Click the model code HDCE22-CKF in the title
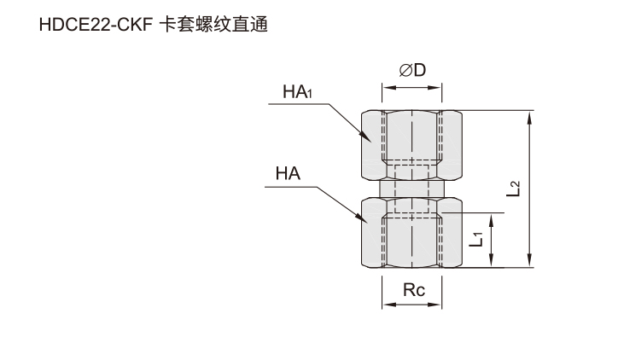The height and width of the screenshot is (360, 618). pos(96,26)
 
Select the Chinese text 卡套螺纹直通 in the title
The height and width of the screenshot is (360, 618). pos(213,25)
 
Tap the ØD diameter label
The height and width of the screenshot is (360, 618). pos(412,70)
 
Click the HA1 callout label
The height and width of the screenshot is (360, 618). pos(298,92)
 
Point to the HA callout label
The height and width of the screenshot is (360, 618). pos(288,174)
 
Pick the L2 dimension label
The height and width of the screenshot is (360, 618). pos(513,189)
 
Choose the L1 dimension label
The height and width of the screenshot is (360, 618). pos(475,240)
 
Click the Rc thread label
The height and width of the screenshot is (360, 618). pos(414,290)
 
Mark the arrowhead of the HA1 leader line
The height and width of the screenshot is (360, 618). pos(365,136)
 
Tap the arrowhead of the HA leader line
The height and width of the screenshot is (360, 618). pos(362,218)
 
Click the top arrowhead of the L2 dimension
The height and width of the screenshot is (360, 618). pos(530,118)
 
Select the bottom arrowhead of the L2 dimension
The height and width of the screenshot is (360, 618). pos(530,261)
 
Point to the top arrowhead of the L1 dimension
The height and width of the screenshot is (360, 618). pos(491,220)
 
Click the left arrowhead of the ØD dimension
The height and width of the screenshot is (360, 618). pos(389,87)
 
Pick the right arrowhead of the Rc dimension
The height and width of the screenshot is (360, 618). pos(434,305)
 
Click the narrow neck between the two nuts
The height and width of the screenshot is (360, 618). pos(412,189)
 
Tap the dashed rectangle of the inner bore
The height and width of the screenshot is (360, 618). pos(412,189)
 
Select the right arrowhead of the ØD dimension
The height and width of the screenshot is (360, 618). pos(434,87)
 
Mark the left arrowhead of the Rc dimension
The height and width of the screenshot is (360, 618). pos(389,305)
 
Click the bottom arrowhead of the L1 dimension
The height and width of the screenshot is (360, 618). pos(491,261)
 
